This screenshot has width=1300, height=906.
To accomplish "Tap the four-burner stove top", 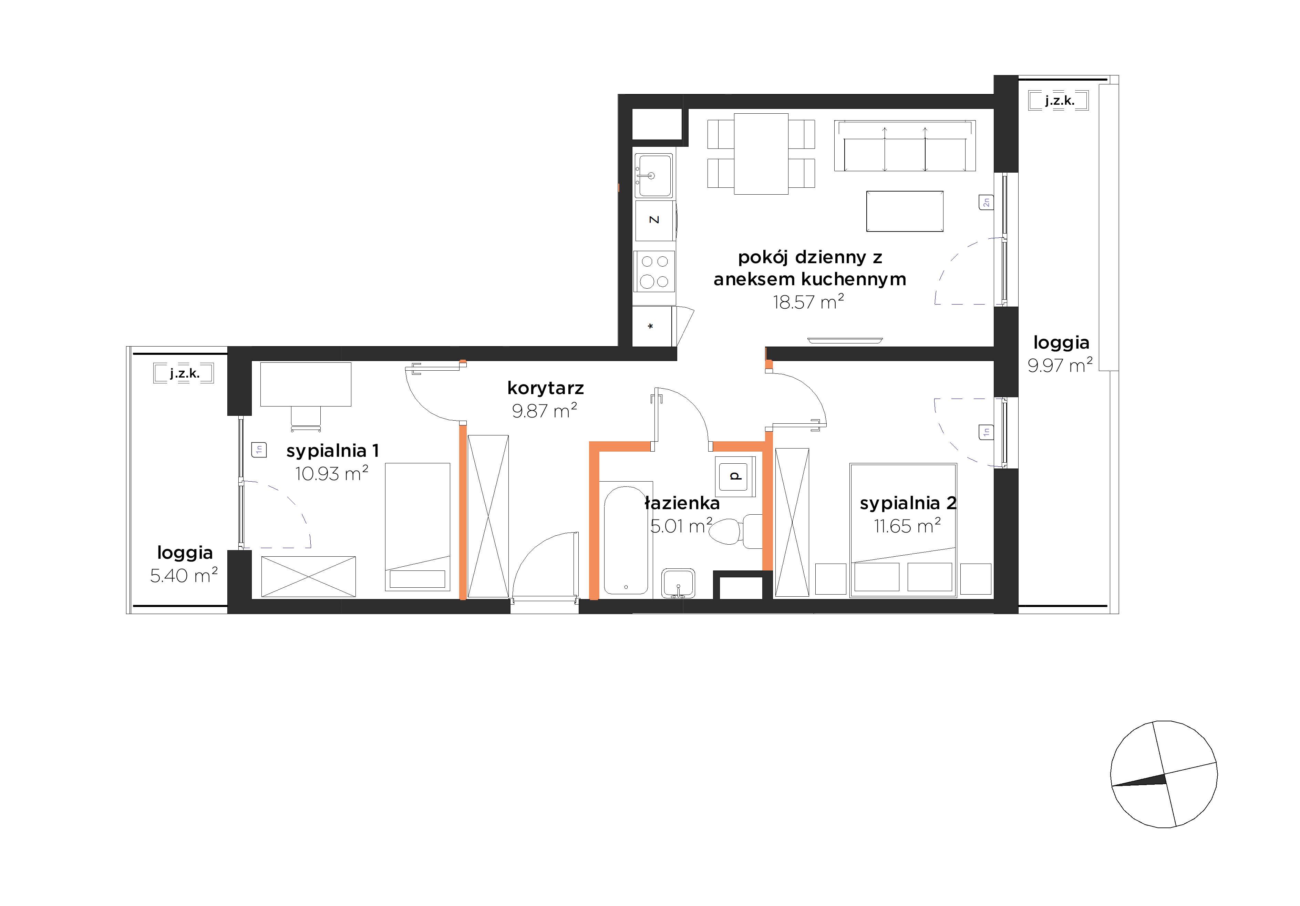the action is click(654, 271).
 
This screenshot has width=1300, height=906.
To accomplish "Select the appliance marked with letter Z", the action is click(654, 220).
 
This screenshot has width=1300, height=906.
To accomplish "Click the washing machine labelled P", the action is click(735, 476).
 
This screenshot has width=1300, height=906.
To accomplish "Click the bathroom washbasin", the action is click(678, 583).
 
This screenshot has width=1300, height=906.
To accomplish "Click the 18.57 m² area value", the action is click(808, 302).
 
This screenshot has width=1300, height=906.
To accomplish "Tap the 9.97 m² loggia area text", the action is click(1060, 365).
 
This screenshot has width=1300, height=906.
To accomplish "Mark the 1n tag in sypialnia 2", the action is click(986, 432).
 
